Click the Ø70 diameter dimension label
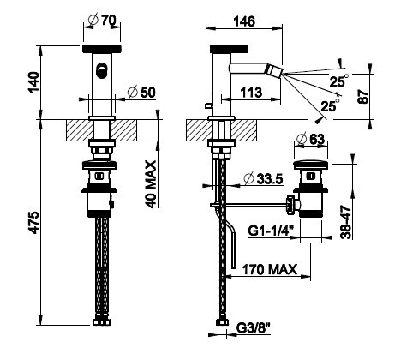click(x=102, y=21)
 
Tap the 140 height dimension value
click(x=34, y=82)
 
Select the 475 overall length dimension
click(x=34, y=223)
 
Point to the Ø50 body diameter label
click(x=141, y=93)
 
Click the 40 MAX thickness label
click(x=151, y=184)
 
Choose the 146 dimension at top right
click(x=244, y=21)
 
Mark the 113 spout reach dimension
click(x=251, y=93)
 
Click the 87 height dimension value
click(x=363, y=96)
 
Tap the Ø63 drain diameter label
click(x=311, y=140)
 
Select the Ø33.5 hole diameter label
click(x=264, y=179)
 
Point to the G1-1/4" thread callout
click(x=271, y=231)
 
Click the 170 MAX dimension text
click(x=270, y=269)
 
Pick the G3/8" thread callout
click(x=253, y=328)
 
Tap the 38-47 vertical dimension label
click(x=346, y=222)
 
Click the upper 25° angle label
click(x=338, y=81)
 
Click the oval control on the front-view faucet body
click(x=101, y=70)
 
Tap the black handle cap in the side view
click(x=229, y=49)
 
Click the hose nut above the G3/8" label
click(x=222, y=322)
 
